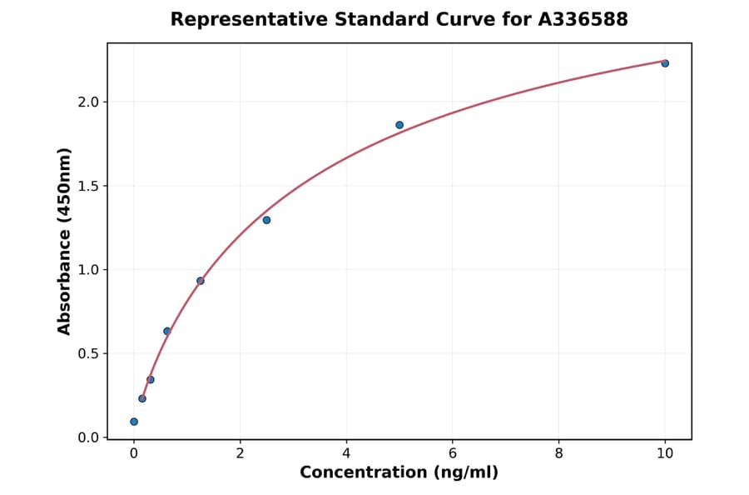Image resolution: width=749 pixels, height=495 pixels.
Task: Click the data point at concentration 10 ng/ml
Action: click(x=665, y=63)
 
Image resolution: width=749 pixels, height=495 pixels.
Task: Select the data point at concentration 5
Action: click(x=399, y=125)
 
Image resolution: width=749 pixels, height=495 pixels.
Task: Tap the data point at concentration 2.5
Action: click(x=266, y=220)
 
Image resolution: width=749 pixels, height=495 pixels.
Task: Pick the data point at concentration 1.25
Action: click(x=201, y=281)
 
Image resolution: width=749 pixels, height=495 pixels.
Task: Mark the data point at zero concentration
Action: click(x=134, y=422)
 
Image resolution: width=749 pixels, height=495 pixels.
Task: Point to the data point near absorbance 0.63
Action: click(x=167, y=331)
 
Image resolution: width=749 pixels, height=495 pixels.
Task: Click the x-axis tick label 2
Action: click(x=240, y=454)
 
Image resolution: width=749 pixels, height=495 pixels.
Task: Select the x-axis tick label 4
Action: click(x=346, y=454)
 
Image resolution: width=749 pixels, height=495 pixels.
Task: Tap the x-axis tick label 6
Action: click(x=453, y=454)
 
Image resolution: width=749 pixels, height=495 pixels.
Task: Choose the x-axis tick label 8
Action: click(x=558, y=454)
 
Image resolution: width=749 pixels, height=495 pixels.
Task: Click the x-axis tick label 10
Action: click(x=665, y=454)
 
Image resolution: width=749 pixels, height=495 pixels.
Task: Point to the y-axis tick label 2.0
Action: click(x=88, y=102)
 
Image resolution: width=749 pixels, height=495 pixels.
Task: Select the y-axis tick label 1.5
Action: click(x=88, y=186)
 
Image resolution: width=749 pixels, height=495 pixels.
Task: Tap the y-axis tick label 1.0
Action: click(x=88, y=270)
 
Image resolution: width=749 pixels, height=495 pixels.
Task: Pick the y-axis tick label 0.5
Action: click(x=88, y=353)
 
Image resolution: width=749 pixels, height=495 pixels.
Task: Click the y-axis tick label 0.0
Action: click(x=88, y=437)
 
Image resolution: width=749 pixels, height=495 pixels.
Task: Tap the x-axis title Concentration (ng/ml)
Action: click(x=399, y=473)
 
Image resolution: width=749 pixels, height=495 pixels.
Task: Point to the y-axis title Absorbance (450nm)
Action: click(x=65, y=241)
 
